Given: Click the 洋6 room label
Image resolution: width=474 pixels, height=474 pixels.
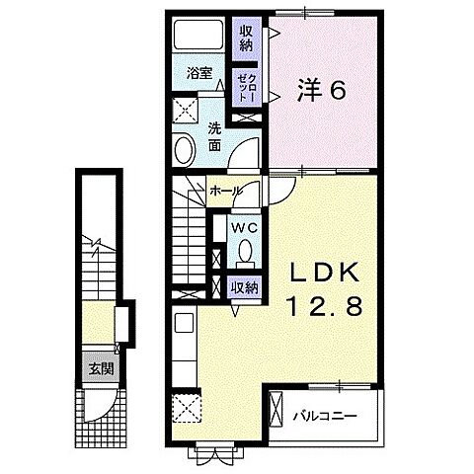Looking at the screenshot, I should pos(320,92).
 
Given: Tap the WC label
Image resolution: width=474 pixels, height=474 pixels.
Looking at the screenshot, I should pos(244,228).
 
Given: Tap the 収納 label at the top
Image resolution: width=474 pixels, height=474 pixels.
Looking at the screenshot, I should pos(246,37).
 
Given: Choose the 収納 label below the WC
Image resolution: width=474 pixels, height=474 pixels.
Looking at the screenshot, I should pos(245,287).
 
